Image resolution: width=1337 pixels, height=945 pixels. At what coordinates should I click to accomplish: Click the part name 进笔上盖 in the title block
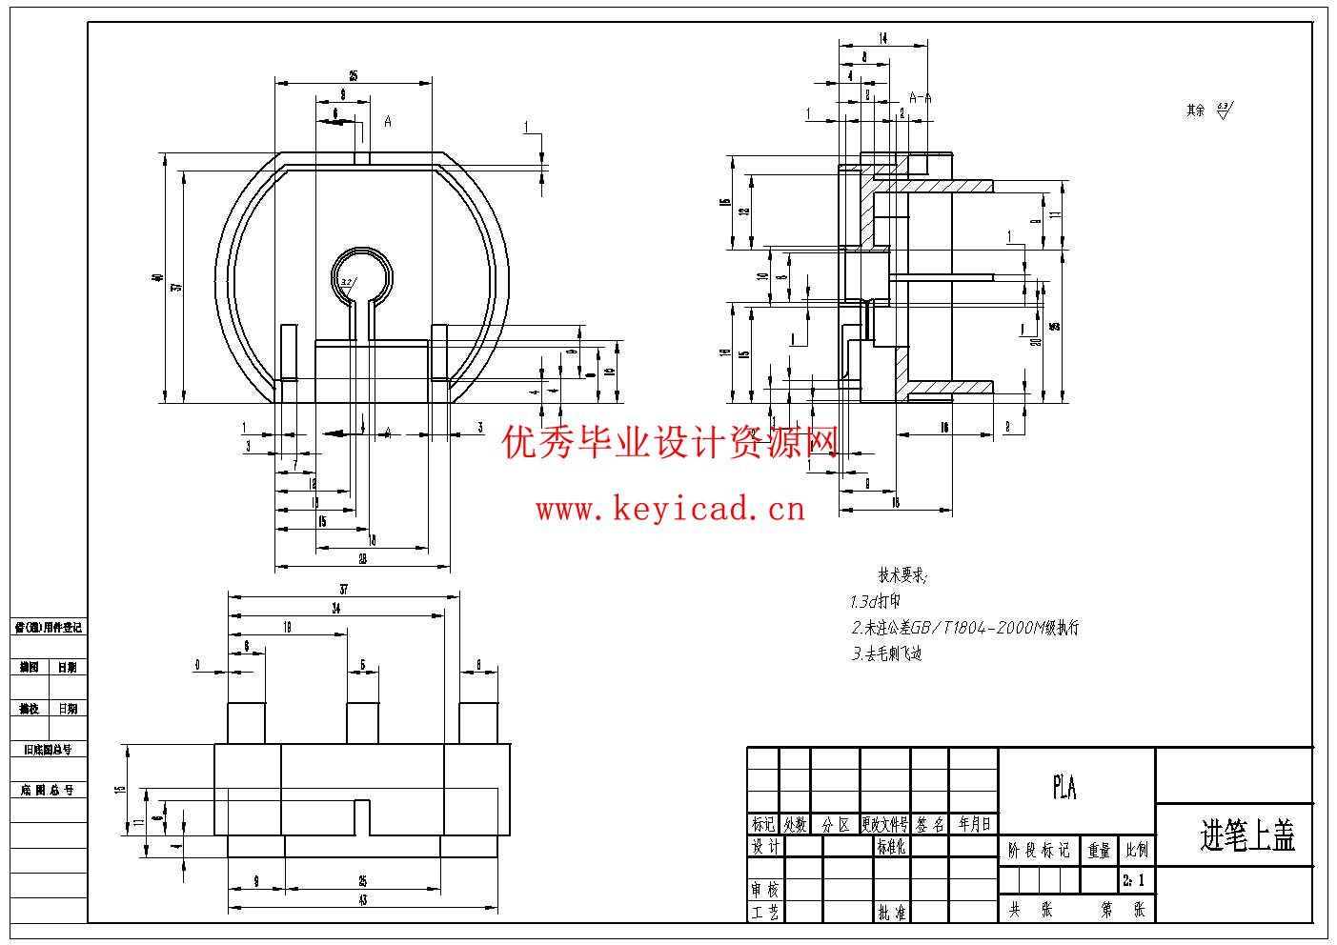(x=1246, y=835)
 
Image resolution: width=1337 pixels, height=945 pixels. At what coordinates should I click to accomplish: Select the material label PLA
(x=1064, y=788)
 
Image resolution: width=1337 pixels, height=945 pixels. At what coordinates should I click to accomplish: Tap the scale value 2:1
(x=1134, y=880)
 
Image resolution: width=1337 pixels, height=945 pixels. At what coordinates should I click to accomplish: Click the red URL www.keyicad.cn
(x=670, y=510)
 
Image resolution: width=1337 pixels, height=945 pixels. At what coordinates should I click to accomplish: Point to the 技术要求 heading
(x=901, y=575)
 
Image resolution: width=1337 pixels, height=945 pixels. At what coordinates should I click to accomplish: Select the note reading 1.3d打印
(x=875, y=602)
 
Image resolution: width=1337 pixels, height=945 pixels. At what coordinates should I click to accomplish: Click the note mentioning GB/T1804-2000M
(x=964, y=628)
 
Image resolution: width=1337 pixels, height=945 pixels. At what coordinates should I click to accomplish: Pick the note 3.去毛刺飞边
(x=886, y=653)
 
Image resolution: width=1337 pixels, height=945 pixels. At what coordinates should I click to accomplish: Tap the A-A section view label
(x=920, y=97)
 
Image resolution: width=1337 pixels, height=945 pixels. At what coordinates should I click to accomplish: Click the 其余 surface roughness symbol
(x=1208, y=110)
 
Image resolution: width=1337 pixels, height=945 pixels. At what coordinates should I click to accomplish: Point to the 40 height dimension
(x=157, y=278)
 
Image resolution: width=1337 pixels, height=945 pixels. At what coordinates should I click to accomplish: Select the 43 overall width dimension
(x=362, y=900)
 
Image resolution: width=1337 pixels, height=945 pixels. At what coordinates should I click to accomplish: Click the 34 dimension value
(x=336, y=608)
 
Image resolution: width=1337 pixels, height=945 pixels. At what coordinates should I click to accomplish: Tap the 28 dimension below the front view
(x=362, y=559)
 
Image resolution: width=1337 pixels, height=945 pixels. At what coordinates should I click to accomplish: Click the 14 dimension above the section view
(x=882, y=38)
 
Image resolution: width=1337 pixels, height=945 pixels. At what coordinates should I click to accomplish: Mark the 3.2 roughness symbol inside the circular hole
(x=346, y=282)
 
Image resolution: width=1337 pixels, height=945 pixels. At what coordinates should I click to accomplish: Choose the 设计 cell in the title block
(x=764, y=847)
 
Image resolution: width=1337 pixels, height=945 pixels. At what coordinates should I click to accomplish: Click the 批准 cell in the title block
(x=891, y=912)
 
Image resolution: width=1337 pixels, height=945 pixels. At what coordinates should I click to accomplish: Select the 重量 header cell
(x=1099, y=850)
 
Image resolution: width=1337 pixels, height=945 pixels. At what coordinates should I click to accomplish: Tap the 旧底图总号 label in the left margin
(x=48, y=750)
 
